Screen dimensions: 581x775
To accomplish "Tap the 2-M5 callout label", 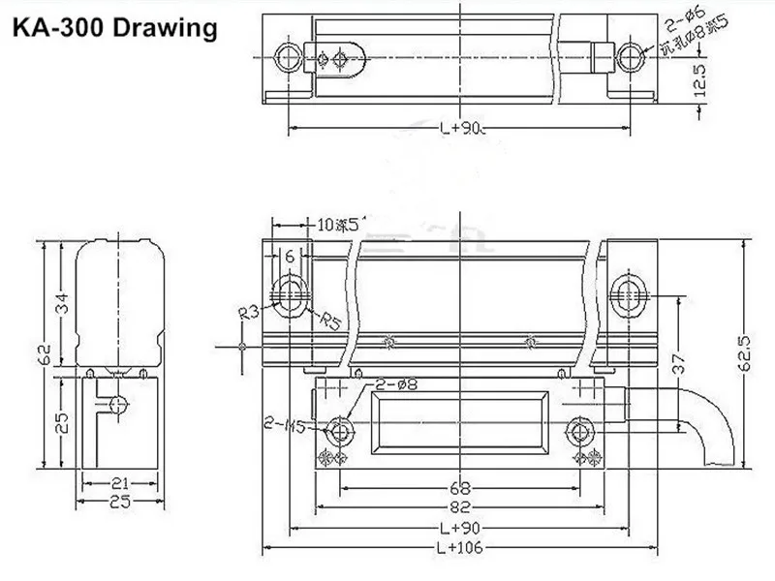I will tap(282, 423).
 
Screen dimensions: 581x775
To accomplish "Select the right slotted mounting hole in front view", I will tap(629, 289).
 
